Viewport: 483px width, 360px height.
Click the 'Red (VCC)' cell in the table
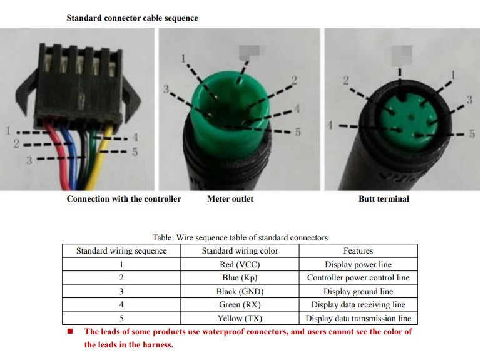pyautogui.click(x=240, y=264)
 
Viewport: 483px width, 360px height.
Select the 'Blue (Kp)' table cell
pyautogui.click(x=240, y=278)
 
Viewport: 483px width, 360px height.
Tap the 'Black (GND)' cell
pyautogui.click(x=240, y=291)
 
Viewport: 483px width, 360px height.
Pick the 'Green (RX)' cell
pyautogui.click(x=240, y=304)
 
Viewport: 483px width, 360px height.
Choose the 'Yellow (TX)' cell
pyautogui.click(x=240, y=318)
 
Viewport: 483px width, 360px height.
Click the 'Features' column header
pyautogui.click(x=358, y=250)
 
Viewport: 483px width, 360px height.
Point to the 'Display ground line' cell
pyautogui.click(x=358, y=291)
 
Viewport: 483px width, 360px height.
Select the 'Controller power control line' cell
pyautogui.click(x=358, y=278)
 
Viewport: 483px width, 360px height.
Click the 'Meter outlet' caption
pyautogui.click(x=230, y=199)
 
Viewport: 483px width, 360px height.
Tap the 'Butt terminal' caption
pyautogui.click(x=384, y=199)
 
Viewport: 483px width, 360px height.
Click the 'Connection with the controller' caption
pyautogui.click(x=124, y=199)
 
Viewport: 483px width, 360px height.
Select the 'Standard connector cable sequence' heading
pyautogui.click(x=132, y=18)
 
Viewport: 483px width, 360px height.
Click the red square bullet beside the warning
pyautogui.click(x=70, y=331)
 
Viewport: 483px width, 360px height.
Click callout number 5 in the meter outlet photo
pyautogui.click(x=298, y=132)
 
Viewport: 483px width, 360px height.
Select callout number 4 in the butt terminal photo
pyautogui.click(x=330, y=125)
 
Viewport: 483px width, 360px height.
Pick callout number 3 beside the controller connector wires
pyautogui.click(x=29, y=160)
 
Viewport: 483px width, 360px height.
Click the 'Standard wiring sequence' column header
pyautogui.click(x=121, y=250)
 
